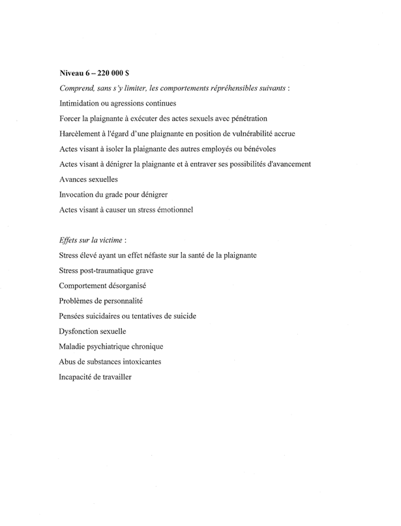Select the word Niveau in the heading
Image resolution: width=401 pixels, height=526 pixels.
[72, 73]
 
